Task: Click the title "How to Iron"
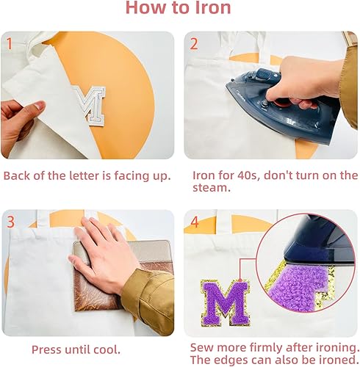(x=178, y=10)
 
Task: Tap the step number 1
(x=10, y=43)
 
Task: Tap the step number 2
(x=194, y=43)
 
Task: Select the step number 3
(x=10, y=222)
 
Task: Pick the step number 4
(x=194, y=222)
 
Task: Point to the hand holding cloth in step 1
(x=18, y=117)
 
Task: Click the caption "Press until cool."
(x=76, y=349)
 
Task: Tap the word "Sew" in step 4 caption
(x=203, y=346)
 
